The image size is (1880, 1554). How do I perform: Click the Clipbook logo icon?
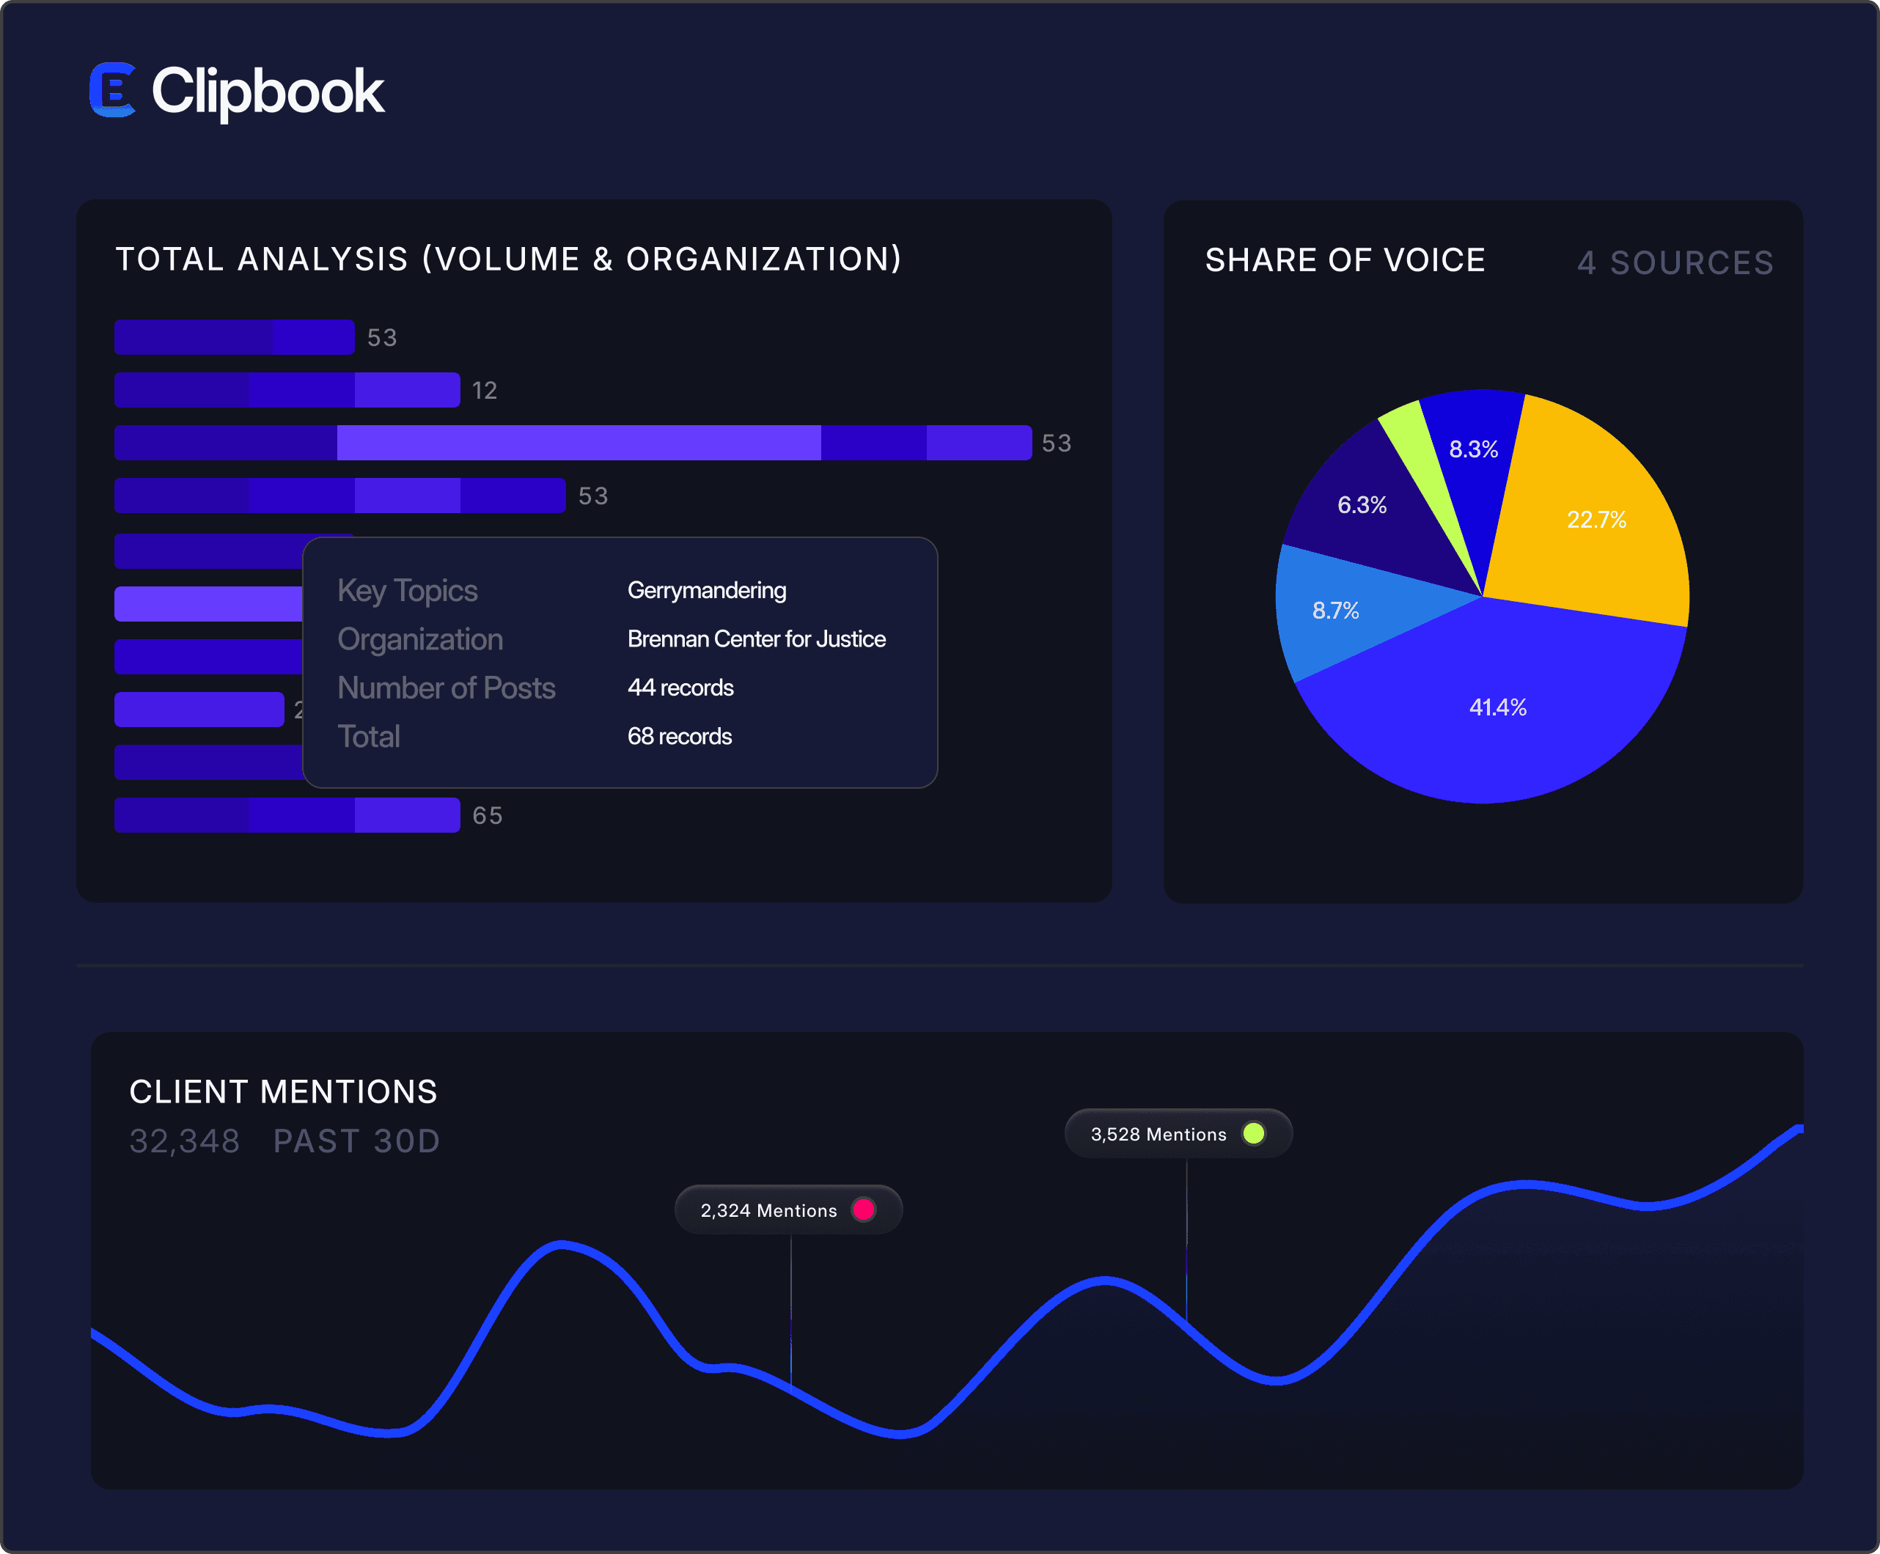click(113, 89)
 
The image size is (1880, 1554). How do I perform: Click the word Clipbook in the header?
click(268, 92)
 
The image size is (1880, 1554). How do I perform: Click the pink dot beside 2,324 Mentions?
click(864, 1209)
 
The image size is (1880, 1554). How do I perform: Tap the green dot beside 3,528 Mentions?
click(1253, 1133)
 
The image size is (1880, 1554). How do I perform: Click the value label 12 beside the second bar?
click(485, 390)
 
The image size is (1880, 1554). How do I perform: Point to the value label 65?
click(487, 816)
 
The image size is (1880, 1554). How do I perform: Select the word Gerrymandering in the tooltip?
click(706, 590)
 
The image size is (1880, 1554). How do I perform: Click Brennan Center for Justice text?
click(757, 638)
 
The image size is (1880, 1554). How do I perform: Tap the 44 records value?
click(680, 688)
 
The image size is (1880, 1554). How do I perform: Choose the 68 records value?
click(680, 736)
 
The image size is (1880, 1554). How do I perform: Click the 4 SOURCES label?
click(1675, 262)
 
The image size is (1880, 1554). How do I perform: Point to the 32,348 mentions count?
click(185, 1141)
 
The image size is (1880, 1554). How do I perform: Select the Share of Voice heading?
click(1345, 259)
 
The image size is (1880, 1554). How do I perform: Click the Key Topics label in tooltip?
click(408, 591)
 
